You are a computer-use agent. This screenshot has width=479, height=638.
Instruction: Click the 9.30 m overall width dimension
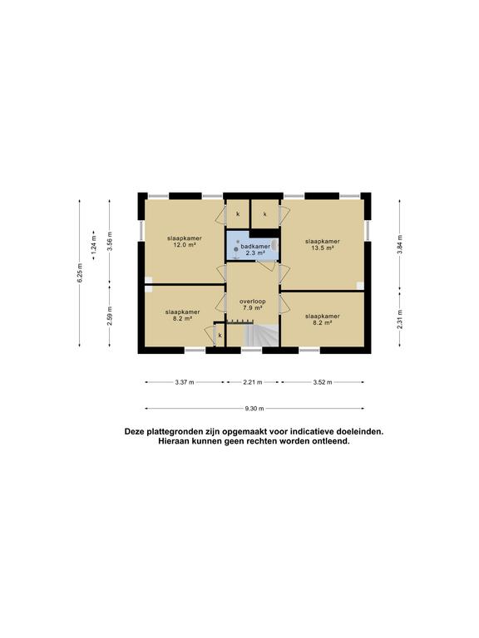tap(254, 409)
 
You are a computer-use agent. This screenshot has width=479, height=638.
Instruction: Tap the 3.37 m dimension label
tap(185, 382)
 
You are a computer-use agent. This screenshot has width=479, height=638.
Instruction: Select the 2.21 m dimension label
tap(253, 382)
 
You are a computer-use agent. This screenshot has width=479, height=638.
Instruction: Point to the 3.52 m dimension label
tap(323, 382)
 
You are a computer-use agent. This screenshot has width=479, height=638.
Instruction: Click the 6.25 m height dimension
tap(80, 273)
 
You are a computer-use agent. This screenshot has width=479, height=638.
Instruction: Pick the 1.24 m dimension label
tap(95, 244)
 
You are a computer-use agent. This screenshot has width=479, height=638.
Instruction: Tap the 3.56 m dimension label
tap(110, 241)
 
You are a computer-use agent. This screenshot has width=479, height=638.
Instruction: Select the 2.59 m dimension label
tap(110, 316)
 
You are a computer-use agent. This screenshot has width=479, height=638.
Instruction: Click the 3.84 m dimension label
tap(399, 244)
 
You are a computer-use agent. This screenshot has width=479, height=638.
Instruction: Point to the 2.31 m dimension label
tap(399, 319)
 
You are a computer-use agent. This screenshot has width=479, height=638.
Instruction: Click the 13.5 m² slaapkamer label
tap(323, 244)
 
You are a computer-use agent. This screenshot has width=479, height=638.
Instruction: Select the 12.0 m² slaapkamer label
tap(185, 242)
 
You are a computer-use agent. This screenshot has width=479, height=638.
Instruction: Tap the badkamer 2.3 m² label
tap(255, 250)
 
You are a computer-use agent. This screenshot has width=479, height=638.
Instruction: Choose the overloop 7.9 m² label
tap(253, 305)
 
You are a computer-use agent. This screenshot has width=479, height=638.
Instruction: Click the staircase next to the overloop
tap(261, 336)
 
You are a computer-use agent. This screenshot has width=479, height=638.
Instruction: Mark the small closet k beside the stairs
tap(220, 336)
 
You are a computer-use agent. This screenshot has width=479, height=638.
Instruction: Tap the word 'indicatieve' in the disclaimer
tap(307, 431)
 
